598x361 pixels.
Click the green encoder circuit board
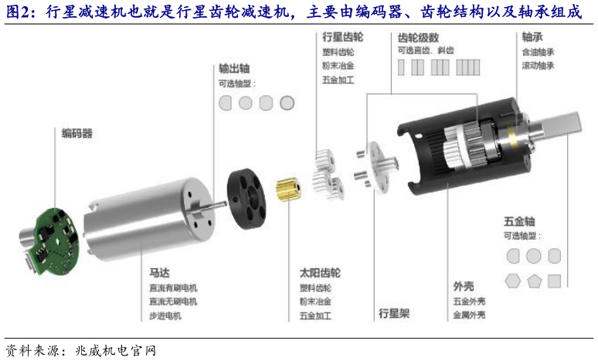(x=56, y=240)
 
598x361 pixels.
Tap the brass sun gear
(x=289, y=189)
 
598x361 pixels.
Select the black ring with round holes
(x=246, y=199)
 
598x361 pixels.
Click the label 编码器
(x=77, y=133)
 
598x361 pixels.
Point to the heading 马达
(x=159, y=273)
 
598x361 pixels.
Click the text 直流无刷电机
(x=173, y=301)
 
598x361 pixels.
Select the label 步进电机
(x=165, y=315)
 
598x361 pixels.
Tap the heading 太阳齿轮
(x=320, y=273)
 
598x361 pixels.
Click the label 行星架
(x=394, y=313)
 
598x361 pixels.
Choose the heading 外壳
(x=464, y=286)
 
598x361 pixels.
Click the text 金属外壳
(x=469, y=315)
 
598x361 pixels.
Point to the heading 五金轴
(x=519, y=221)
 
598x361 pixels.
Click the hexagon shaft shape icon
(x=513, y=281)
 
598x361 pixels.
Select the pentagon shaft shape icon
(x=535, y=281)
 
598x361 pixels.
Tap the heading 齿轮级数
(x=418, y=37)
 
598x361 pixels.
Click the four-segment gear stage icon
(x=468, y=67)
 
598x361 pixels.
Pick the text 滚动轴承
(x=538, y=66)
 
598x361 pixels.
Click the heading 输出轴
(x=234, y=68)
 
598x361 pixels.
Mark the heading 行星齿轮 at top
(x=343, y=36)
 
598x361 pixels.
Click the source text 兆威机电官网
(x=116, y=351)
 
